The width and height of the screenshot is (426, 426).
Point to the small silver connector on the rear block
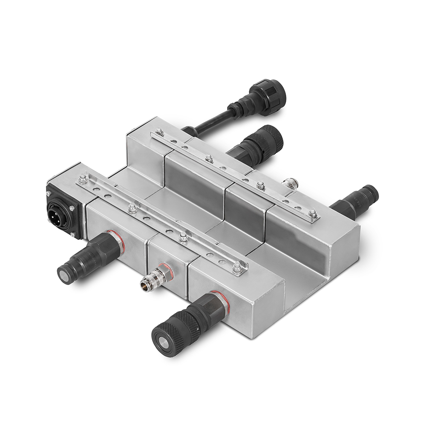[291, 184]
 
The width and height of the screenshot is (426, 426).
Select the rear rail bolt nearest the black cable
[159, 132]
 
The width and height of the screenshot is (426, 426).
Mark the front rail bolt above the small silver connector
[184, 237]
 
